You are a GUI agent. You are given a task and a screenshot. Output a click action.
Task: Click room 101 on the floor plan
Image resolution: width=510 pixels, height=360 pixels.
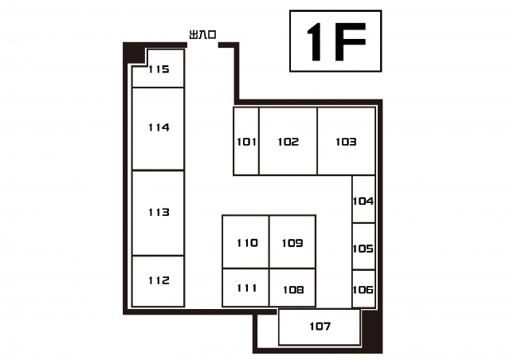246,141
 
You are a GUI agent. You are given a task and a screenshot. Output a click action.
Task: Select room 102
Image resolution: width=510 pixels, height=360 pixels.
288,141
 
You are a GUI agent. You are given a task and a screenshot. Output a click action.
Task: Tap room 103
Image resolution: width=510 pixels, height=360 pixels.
347,141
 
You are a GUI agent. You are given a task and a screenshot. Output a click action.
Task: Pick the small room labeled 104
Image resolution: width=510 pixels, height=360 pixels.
363,199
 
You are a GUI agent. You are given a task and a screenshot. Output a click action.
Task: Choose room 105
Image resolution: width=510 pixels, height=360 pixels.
363,246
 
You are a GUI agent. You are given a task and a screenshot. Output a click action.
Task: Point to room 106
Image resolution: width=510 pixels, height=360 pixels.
363,289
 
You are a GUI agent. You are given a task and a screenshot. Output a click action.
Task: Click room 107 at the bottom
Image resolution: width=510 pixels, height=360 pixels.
320,327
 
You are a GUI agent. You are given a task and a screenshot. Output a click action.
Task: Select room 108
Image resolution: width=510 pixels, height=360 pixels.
292,288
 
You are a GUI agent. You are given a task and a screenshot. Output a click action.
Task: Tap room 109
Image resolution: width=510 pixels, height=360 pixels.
292,241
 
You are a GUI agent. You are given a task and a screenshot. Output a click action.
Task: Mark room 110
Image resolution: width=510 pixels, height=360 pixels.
246,241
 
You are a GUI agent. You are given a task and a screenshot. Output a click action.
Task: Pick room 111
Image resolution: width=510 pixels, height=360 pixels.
246,288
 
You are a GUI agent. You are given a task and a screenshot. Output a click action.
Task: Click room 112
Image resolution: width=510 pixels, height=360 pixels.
158,281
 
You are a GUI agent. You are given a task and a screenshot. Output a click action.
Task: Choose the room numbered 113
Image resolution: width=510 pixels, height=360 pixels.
158,213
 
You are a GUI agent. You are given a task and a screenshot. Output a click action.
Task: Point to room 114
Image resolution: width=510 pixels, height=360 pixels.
158,129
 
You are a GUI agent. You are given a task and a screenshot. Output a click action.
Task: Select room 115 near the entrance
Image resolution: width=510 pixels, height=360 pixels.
159,69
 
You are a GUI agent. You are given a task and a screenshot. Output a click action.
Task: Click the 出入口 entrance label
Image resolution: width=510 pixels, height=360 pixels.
202,34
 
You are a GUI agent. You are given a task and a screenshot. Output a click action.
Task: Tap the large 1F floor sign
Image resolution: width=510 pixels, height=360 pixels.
335,41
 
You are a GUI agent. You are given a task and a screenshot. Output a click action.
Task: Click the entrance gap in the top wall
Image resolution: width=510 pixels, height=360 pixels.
202,45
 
